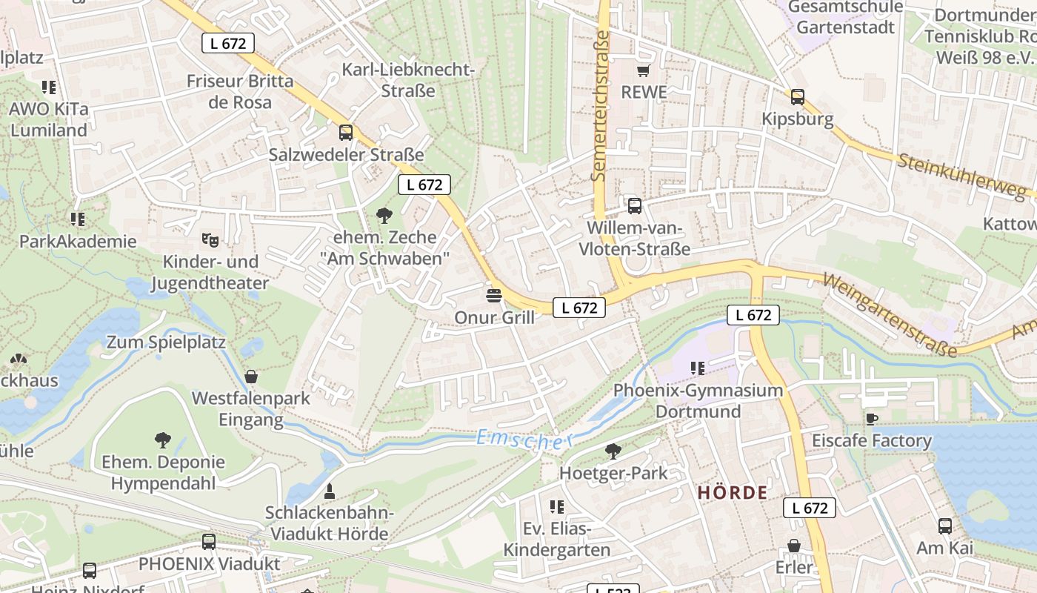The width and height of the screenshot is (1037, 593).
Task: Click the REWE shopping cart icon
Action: click(643, 71)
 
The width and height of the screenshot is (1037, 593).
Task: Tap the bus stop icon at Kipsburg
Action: click(797, 96)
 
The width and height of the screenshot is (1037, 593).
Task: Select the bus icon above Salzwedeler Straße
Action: click(346, 133)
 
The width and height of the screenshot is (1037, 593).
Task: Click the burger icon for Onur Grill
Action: click(494, 295)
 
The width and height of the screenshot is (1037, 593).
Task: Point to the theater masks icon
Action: click(210, 239)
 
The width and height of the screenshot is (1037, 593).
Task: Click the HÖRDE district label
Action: click(733, 493)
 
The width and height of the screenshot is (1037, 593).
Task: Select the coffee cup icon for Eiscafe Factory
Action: click(872, 419)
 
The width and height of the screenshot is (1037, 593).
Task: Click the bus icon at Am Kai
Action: click(944, 526)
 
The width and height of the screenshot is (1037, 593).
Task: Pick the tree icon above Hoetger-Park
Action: click(613, 451)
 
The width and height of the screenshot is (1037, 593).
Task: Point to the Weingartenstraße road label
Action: click(889, 316)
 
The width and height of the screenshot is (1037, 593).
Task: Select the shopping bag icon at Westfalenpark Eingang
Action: click(250, 377)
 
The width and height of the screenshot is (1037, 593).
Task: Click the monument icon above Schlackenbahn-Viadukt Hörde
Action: click(329, 491)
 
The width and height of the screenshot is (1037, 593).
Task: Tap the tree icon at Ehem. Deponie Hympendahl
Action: click(163, 440)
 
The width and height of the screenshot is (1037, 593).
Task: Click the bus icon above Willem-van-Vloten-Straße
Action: click(634, 206)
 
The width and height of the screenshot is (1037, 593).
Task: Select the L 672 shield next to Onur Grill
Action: click(579, 308)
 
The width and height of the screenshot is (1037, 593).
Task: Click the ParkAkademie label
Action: click(78, 242)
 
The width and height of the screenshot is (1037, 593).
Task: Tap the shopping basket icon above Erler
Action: click(794, 546)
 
